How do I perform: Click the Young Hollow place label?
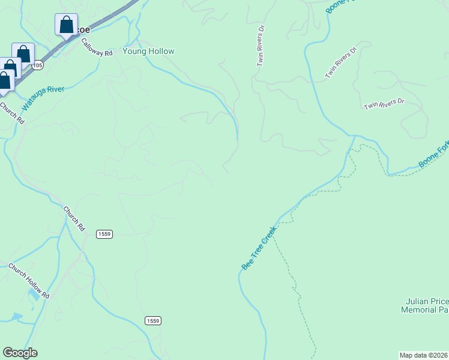[x=148, y=52]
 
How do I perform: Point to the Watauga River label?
[x=43, y=98]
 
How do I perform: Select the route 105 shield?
[x=38, y=65]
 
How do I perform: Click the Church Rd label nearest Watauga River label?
[x=12, y=113]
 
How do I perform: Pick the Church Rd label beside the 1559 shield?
[x=74, y=220]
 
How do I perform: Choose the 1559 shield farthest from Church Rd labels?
[x=152, y=321]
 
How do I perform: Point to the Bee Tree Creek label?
[x=259, y=248]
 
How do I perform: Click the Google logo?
[x=20, y=353]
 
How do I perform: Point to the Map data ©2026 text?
[x=424, y=355]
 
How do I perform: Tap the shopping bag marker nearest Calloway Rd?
[x=66, y=26]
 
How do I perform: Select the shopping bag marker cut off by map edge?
[x=5, y=80]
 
